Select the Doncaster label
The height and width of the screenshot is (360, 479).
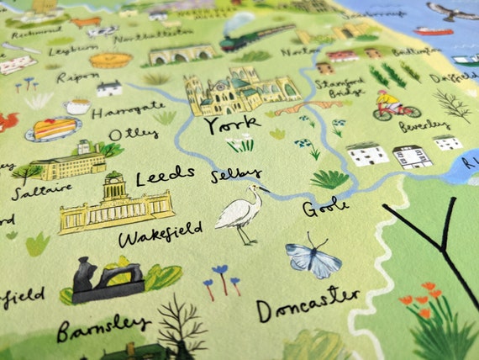point(308,305)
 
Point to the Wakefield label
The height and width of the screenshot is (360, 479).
point(160,231)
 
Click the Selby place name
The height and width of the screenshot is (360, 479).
point(236,175)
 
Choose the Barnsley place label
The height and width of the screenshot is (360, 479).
point(103,323)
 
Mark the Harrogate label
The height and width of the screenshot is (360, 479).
point(128,109)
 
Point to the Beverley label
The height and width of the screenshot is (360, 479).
point(424,125)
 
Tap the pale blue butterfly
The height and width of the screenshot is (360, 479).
point(313,258)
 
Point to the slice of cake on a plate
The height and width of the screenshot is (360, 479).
point(53,129)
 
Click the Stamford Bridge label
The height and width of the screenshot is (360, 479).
point(335,84)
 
